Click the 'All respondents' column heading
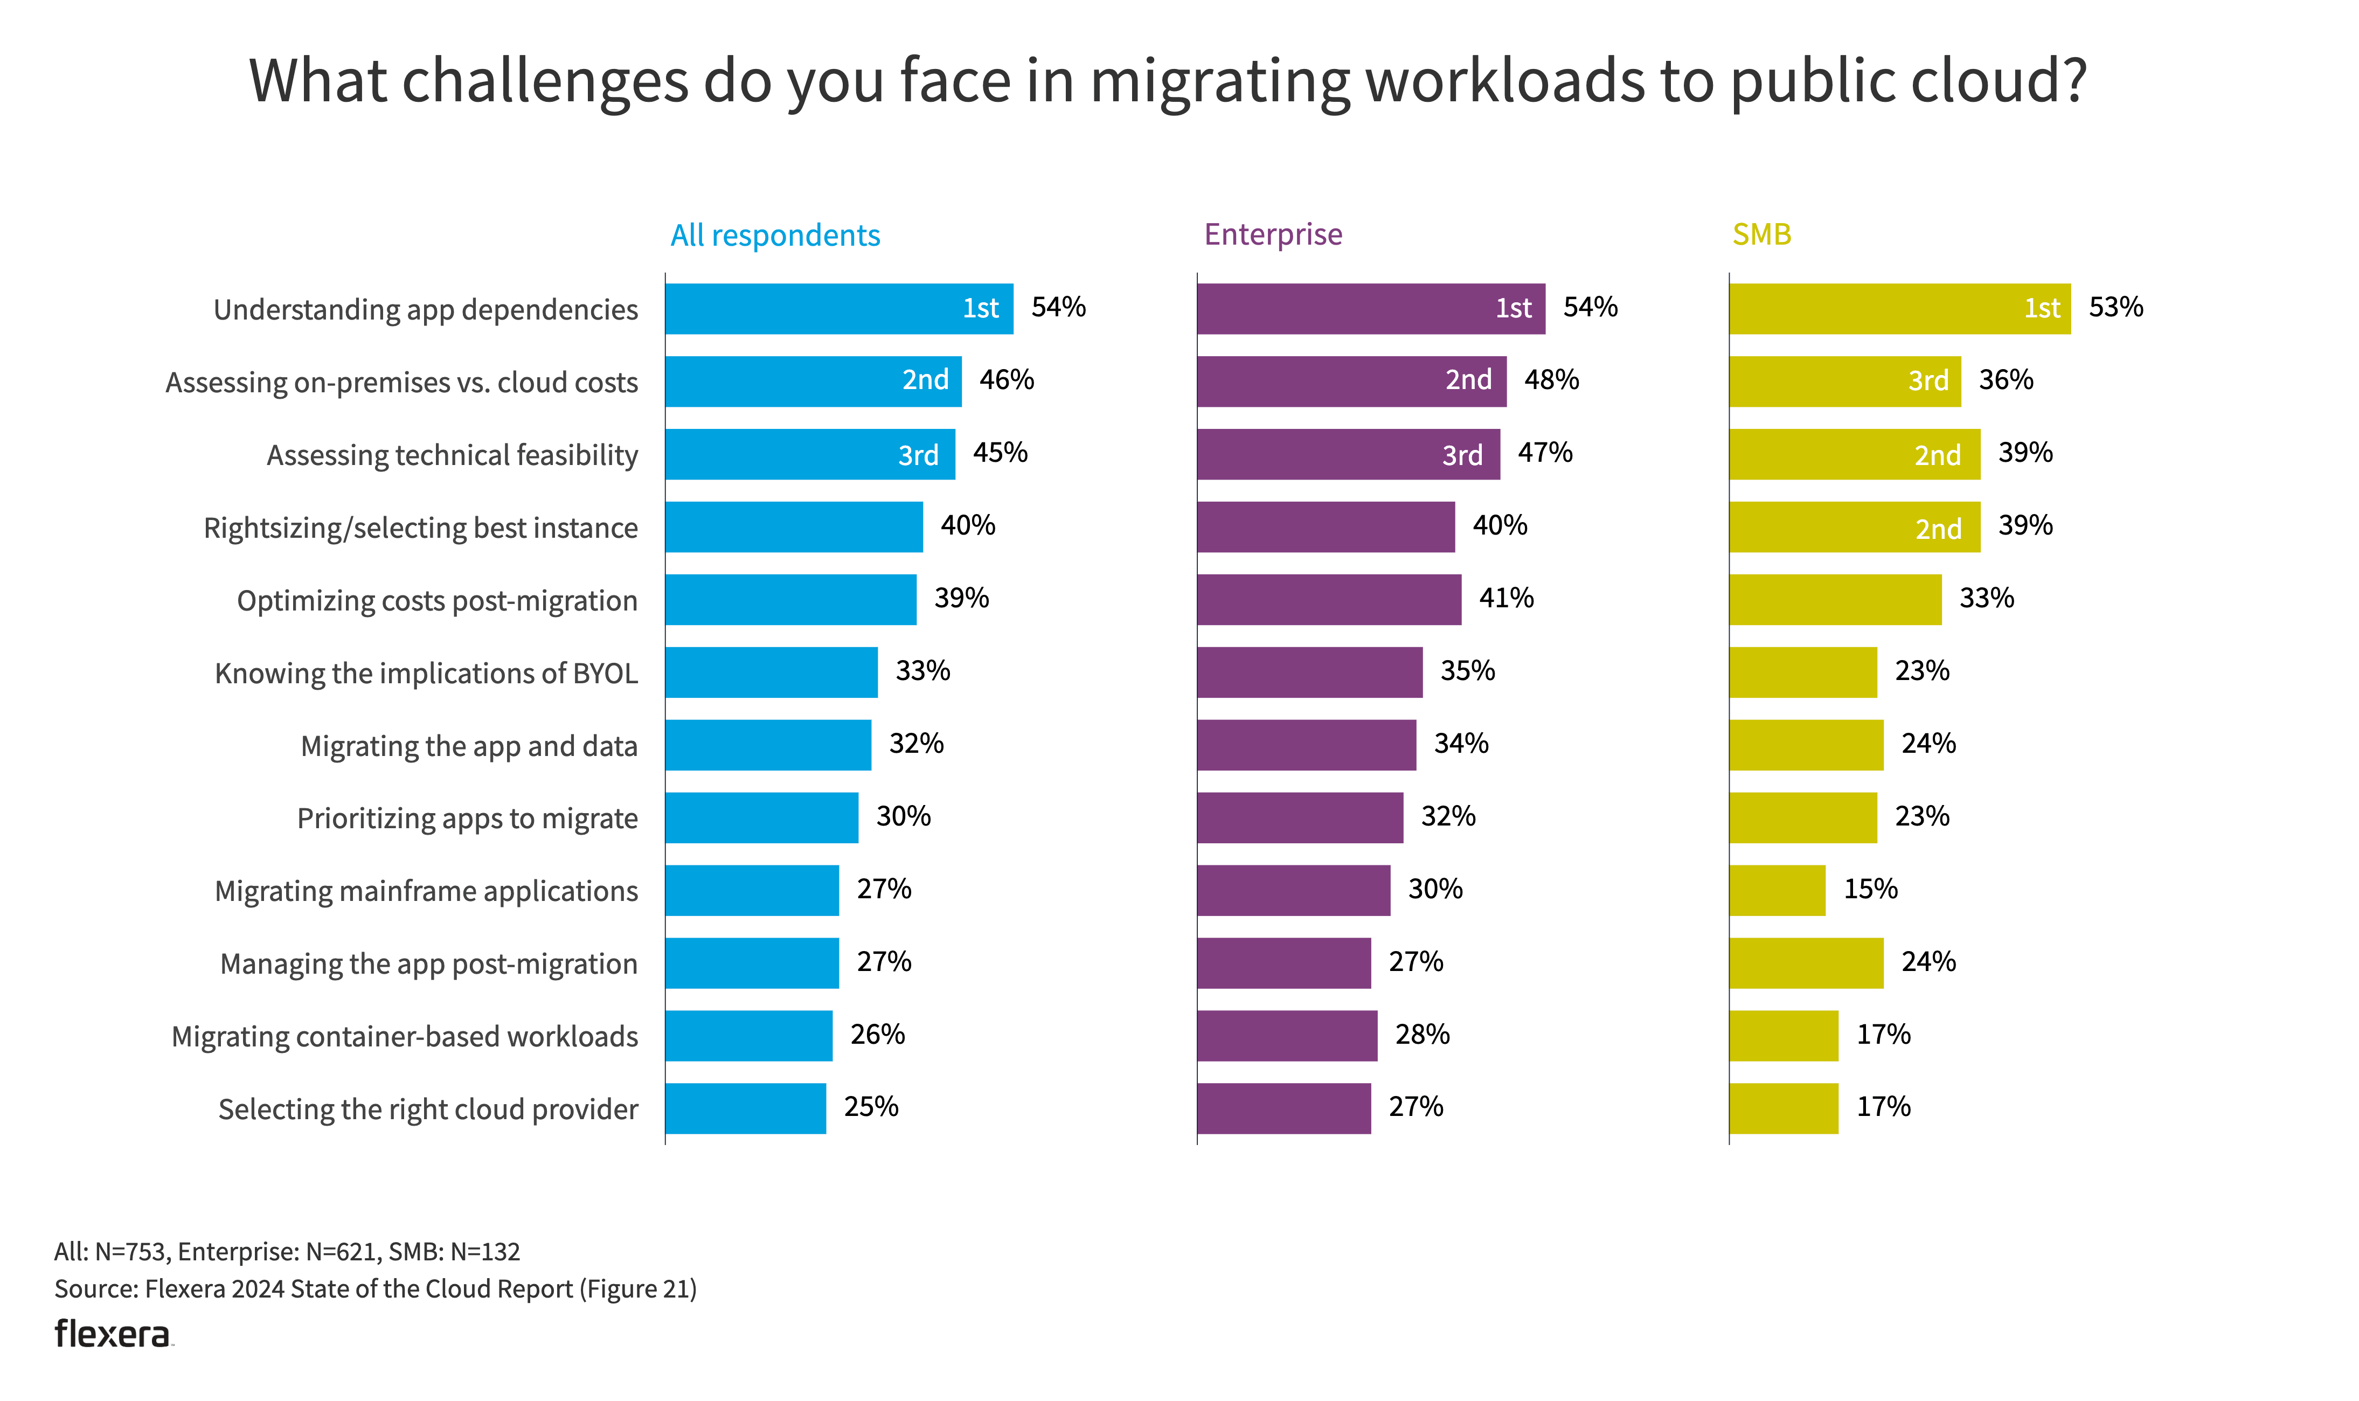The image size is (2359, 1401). tap(774, 235)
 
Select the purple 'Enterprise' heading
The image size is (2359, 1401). tap(1273, 234)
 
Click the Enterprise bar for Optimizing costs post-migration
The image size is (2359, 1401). tap(1328, 600)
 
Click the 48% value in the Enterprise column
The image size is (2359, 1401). tap(1551, 379)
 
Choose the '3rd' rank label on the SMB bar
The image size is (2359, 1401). tap(1927, 380)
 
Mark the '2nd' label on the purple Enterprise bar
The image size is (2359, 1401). tap(1468, 380)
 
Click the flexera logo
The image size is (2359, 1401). tap(113, 1334)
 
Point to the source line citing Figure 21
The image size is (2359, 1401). tap(375, 1289)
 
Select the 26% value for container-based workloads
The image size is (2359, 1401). tap(877, 1035)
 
